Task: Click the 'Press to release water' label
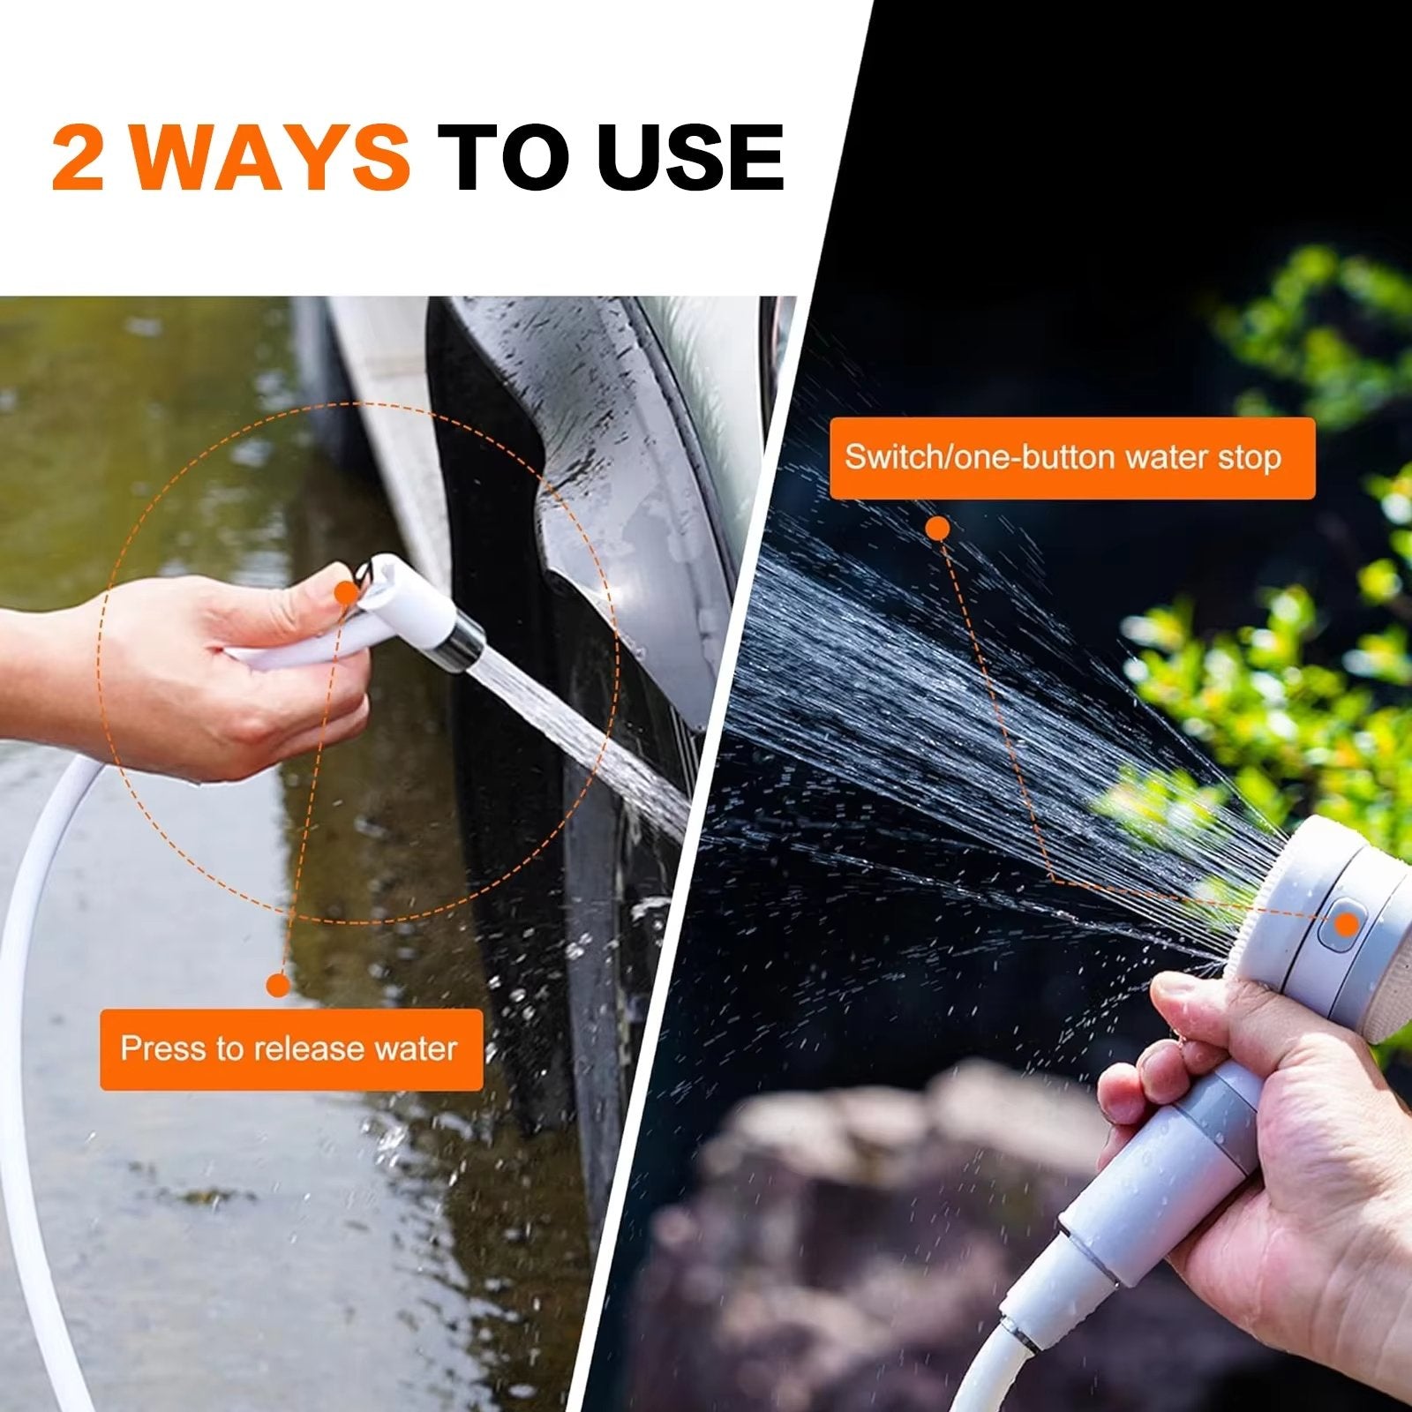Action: pos(290,1049)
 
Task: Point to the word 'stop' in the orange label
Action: pos(1249,458)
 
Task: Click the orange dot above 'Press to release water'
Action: pos(278,985)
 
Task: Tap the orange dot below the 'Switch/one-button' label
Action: pos(939,529)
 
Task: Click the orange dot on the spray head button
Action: pos(1346,924)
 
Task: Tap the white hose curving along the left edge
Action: pos(26,1015)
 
